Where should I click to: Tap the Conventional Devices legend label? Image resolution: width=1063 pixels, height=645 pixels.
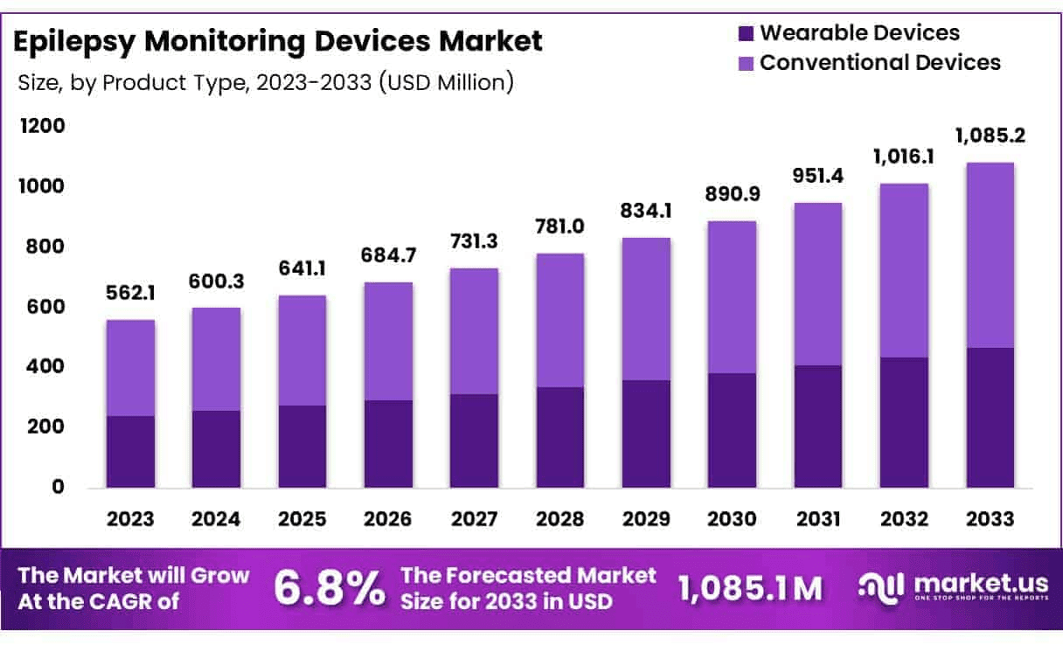tap(880, 63)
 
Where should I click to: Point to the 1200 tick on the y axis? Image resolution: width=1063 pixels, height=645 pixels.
tap(43, 126)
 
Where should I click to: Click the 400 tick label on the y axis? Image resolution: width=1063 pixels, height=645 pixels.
tap(43, 366)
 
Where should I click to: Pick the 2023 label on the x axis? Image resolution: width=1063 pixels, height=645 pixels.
tap(130, 518)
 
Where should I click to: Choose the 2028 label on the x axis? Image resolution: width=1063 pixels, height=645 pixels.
tap(560, 518)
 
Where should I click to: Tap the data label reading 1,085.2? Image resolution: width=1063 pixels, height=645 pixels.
tap(990, 136)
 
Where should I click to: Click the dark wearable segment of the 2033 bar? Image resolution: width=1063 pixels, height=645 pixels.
tap(990, 418)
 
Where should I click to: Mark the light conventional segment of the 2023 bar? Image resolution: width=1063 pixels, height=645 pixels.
tap(130, 368)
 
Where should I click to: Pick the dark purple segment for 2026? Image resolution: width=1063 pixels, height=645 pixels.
tap(388, 444)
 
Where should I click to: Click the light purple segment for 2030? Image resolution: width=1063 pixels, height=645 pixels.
tap(733, 297)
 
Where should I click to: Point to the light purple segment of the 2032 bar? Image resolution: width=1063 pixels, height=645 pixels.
tap(904, 271)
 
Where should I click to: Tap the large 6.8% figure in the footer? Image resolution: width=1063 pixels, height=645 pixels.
tap(330, 588)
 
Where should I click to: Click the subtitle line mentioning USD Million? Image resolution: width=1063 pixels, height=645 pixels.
tap(265, 83)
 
